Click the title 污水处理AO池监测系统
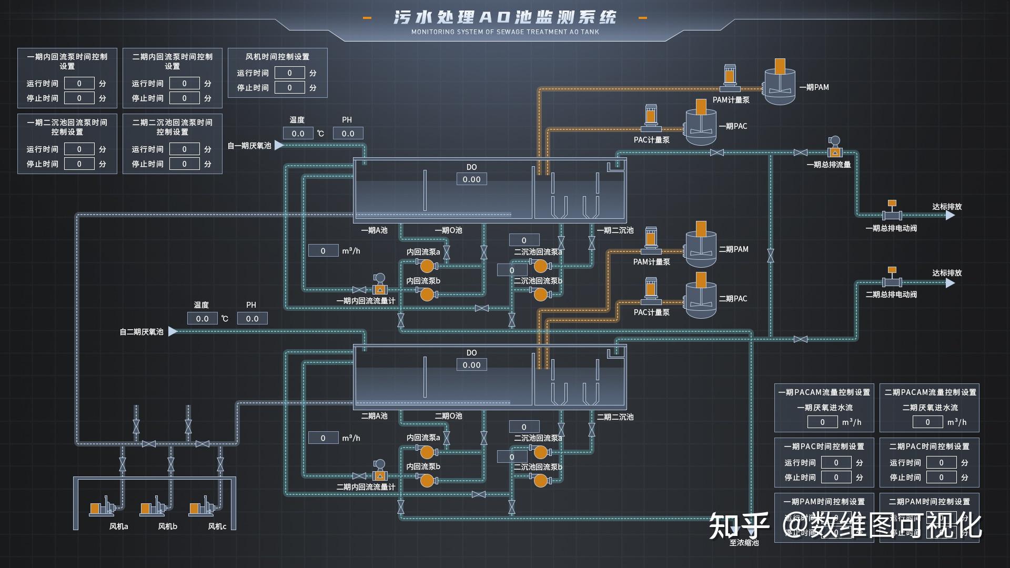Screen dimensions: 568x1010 pyautogui.click(x=504, y=17)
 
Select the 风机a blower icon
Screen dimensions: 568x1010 pyautogui.click(x=103, y=507)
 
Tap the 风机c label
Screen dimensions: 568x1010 pyautogui.click(x=217, y=526)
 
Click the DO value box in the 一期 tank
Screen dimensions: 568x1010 pyautogui.click(x=471, y=179)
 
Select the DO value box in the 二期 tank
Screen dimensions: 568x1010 pyautogui.click(x=471, y=365)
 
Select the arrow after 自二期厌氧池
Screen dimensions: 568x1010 pyautogui.click(x=173, y=331)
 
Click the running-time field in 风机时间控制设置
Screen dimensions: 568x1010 pyautogui.click(x=289, y=73)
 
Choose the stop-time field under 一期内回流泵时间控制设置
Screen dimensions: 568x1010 pyautogui.click(x=79, y=98)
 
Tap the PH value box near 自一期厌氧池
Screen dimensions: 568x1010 pyautogui.click(x=348, y=134)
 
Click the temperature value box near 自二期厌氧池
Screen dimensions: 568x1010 pyautogui.click(x=202, y=319)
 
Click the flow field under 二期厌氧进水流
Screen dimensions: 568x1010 pyautogui.click(x=927, y=422)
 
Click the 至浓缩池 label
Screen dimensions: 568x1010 pyautogui.click(x=744, y=543)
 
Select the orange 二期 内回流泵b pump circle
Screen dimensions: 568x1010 pyautogui.click(x=427, y=480)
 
